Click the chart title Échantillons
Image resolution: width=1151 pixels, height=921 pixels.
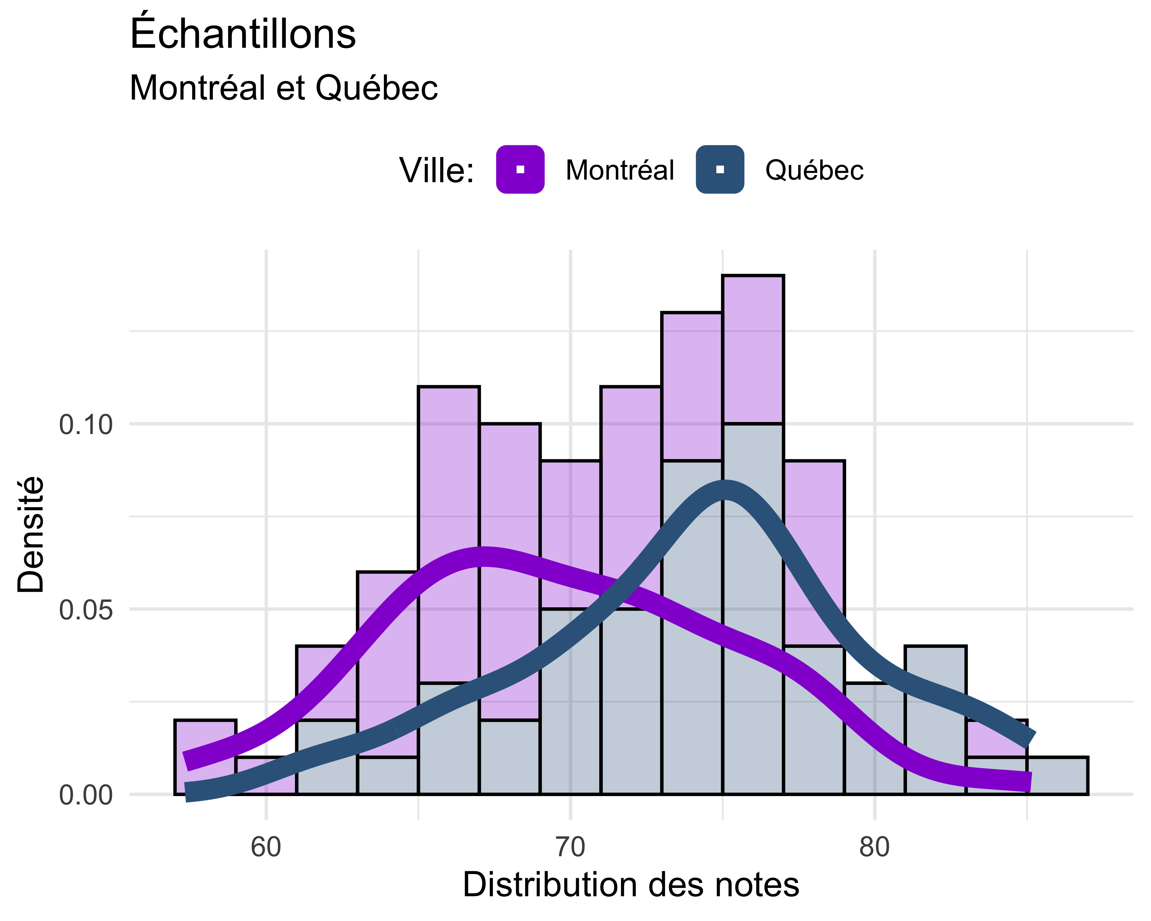pyautogui.click(x=243, y=34)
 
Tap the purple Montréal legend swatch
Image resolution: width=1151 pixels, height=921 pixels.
pyautogui.click(x=520, y=169)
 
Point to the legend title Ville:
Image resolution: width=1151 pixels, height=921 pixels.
pyautogui.click(x=437, y=171)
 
